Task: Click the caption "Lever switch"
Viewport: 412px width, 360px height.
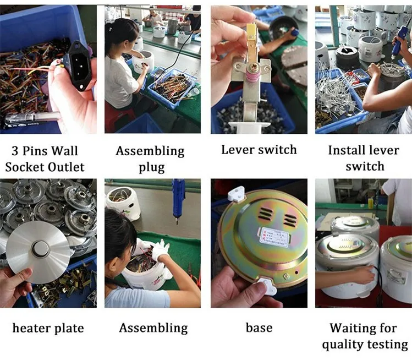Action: click(259, 150)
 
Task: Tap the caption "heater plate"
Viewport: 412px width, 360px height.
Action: click(48, 329)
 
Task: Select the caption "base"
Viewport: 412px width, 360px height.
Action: click(259, 328)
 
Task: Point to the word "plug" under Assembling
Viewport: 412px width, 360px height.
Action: click(153, 167)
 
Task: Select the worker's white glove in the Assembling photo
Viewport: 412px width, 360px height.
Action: click(160, 251)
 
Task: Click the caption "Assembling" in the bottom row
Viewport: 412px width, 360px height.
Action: click(153, 329)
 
